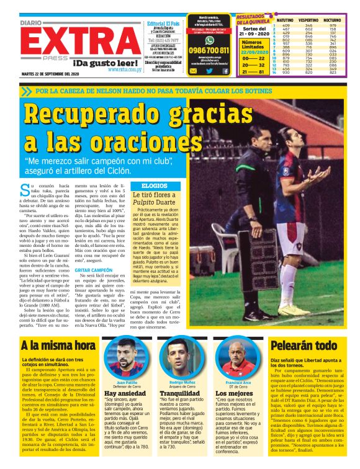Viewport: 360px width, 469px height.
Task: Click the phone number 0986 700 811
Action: tap(209, 49)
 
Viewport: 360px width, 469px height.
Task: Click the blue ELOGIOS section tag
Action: tap(153, 185)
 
